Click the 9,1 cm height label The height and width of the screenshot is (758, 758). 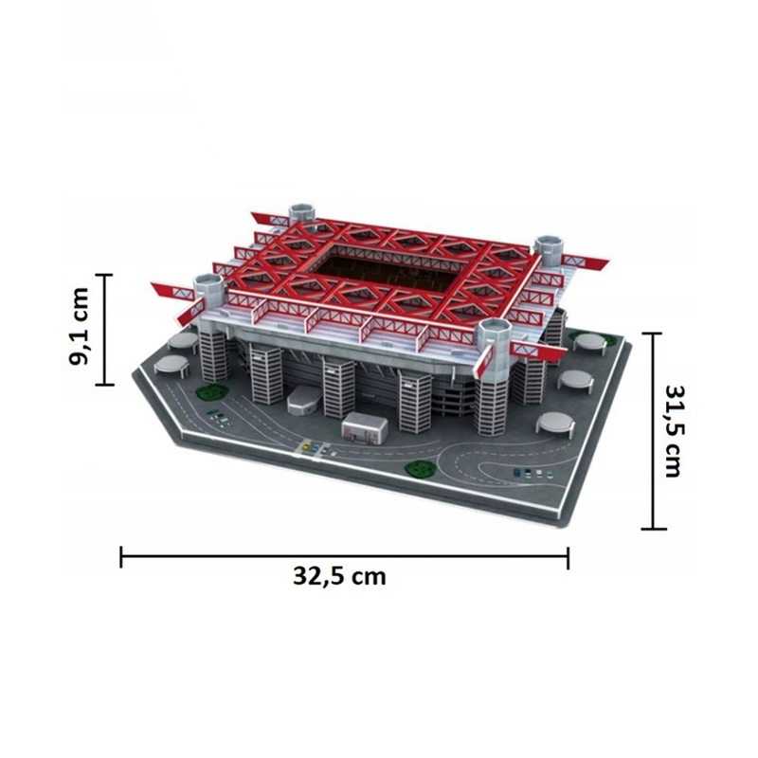pos(80,327)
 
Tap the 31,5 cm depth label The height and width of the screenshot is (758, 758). pos(673,431)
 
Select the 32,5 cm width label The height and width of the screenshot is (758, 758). pos(339,577)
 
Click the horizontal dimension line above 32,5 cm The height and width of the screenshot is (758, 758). pos(344,557)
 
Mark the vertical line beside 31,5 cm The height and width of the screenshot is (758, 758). pos(654,431)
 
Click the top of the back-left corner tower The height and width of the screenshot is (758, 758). pos(302,210)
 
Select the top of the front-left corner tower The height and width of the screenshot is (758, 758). pos(209,282)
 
